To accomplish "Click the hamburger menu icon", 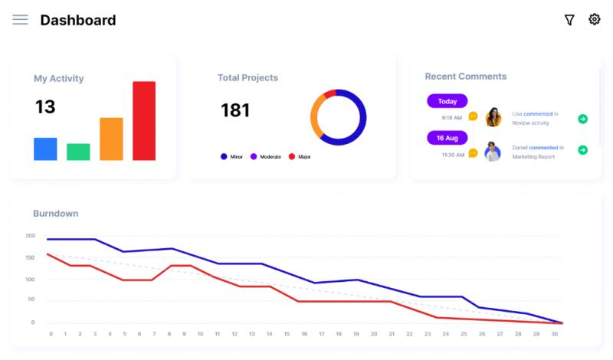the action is pos(20,20).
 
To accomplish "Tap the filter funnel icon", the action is pos(569,20).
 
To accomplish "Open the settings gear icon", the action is pos(595,19).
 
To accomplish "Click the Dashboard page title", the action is pos(78,21).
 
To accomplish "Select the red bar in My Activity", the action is pos(144,121).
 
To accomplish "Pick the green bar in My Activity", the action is pos(78,152).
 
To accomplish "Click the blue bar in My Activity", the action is pos(45,149).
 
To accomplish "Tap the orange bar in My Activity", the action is pos(111,139).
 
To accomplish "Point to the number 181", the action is pos(235,110).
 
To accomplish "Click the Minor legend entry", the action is pos(231,157).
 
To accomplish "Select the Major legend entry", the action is pos(300,157).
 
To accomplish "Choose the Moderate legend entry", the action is pos(266,157).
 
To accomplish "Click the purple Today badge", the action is pos(447,101).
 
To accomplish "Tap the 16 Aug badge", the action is pos(447,138).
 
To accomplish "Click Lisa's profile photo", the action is pos(493,117).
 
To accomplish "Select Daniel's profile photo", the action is pos(493,152).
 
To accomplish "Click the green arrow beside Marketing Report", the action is pos(582,150).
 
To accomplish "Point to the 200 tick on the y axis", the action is pos(30,236).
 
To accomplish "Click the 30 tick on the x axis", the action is pos(554,334).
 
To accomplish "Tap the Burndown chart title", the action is pos(55,214).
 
